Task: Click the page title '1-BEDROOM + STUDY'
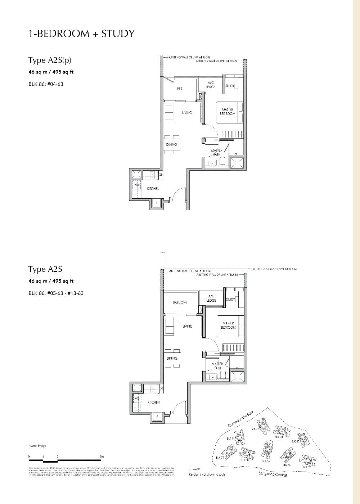click(81, 34)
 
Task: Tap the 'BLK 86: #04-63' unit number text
click(46, 84)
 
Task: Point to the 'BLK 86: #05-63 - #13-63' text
click(56, 293)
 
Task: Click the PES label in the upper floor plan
click(179, 89)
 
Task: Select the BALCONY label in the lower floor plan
click(180, 302)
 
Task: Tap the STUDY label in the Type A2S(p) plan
click(230, 86)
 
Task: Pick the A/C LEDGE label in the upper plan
click(211, 85)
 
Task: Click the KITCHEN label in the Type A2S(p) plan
click(153, 189)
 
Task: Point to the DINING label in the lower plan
click(172, 358)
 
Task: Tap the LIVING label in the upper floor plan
click(187, 113)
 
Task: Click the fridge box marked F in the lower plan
click(157, 417)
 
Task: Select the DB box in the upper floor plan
click(161, 175)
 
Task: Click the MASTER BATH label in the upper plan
click(216, 152)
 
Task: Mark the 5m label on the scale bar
click(102, 456)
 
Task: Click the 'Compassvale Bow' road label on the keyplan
click(241, 420)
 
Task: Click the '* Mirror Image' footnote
click(37, 446)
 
